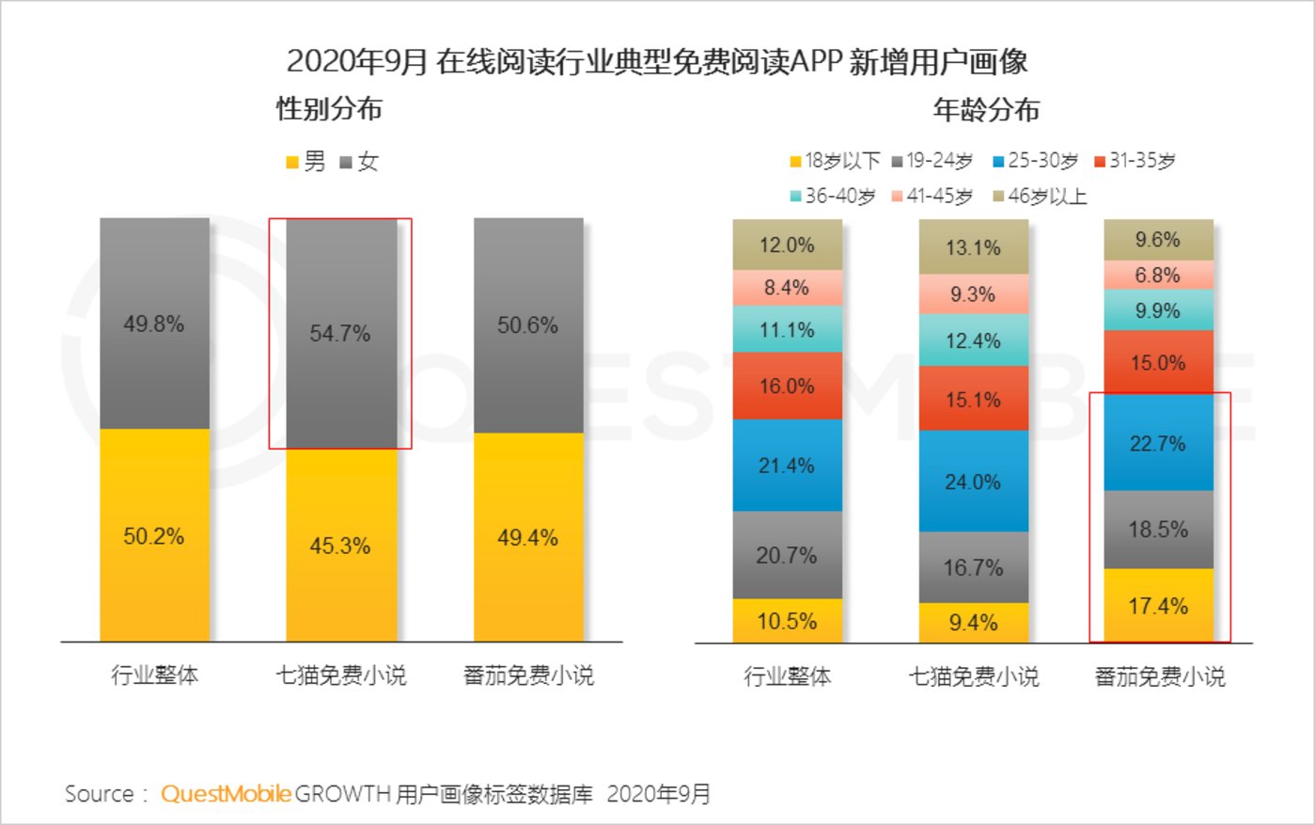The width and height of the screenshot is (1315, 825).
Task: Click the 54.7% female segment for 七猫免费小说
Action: (340, 333)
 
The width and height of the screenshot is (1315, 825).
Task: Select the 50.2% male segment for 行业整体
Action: (154, 535)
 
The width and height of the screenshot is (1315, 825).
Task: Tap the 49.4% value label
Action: (527, 537)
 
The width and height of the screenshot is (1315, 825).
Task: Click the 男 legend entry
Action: (306, 162)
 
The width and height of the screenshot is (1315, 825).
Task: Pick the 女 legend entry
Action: (359, 162)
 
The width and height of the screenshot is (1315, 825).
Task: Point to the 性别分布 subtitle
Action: (329, 109)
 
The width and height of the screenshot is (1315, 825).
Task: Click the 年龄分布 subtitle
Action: (986, 110)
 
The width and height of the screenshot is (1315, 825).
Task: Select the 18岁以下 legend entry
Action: (835, 161)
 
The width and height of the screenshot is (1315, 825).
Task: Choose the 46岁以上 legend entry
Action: (1040, 197)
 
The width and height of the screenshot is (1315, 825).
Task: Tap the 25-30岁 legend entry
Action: (1036, 161)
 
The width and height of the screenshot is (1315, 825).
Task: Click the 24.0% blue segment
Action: (973, 481)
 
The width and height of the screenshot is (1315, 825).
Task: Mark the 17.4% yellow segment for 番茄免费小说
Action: (1158, 606)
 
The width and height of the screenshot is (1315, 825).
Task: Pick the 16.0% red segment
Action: (787, 386)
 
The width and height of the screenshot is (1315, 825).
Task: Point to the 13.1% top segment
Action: (973, 247)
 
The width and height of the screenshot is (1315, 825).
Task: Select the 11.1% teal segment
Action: (787, 329)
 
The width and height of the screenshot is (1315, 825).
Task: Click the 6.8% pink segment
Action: (1158, 275)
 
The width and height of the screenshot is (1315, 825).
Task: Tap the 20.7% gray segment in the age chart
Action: (787, 555)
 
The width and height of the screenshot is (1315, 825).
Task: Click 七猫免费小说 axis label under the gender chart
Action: (340, 674)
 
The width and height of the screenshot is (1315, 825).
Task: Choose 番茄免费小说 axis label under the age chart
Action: (1160, 676)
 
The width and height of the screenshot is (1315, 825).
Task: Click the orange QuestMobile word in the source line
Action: (226, 794)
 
